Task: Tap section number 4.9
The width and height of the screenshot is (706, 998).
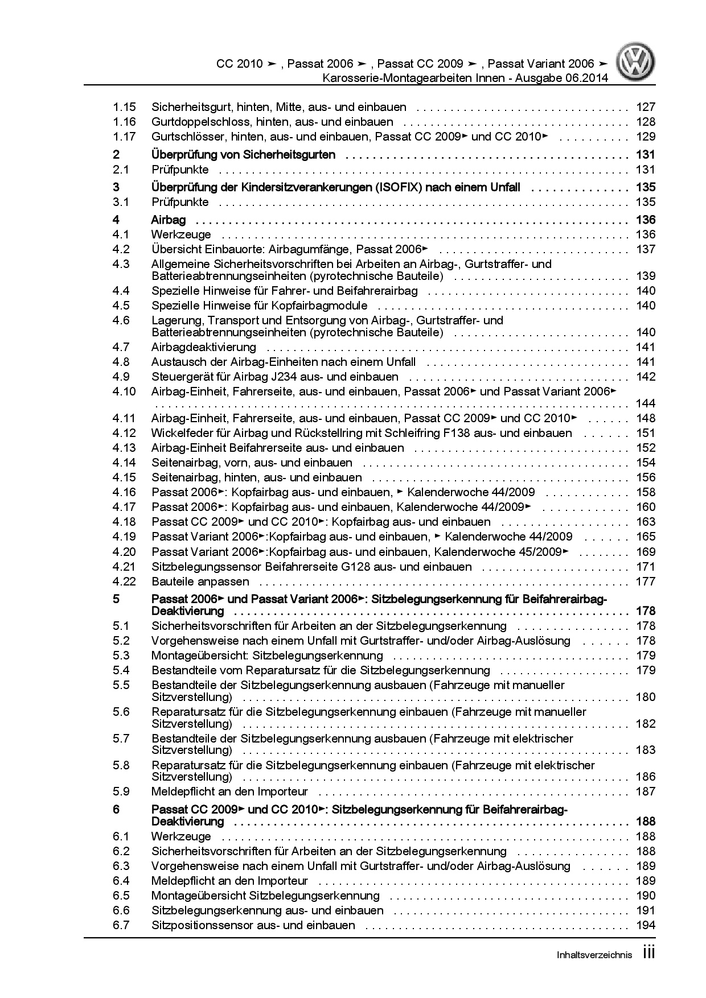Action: point(121,377)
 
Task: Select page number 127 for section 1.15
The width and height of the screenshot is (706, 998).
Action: point(646,107)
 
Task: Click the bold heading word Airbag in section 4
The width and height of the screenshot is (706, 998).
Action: point(169,220)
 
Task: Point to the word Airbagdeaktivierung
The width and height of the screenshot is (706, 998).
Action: point(204,347)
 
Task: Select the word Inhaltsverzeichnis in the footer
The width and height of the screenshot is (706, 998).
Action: point(594,956)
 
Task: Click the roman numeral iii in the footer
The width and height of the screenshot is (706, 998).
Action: point(648,954)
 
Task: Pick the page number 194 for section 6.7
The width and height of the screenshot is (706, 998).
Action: point(646,925)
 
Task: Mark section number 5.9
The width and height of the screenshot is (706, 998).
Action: point(121,791)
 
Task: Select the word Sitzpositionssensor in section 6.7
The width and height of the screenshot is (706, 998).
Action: point(202,925)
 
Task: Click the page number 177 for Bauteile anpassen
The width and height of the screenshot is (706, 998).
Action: point(646,582)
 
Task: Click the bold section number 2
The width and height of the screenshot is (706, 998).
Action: point(116,155)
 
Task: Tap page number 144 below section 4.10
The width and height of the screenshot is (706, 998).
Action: point(646,403)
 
